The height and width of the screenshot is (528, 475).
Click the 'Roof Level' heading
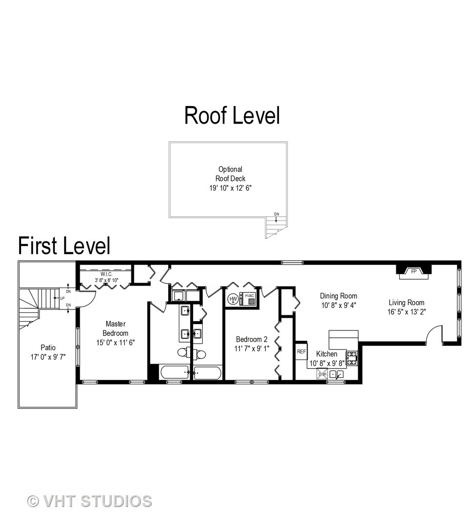[232, 115]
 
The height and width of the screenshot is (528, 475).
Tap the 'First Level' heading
[64, 245]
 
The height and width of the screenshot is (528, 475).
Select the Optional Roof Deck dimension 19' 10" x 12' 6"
[230, 188]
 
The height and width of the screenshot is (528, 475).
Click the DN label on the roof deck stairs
[276, 214]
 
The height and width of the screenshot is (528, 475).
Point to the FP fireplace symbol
[413, 271]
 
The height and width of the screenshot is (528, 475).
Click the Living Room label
[406, 302]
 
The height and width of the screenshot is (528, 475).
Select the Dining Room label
[338, 296]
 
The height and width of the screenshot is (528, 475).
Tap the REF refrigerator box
[301, 351]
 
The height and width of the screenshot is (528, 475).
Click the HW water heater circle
[233, 299]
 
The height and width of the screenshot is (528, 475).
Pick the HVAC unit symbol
[249, 299]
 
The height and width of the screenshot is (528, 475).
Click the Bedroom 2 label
[252, 339]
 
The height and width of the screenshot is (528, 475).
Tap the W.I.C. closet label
[107, 274]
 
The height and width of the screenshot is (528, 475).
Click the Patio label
[47, 348]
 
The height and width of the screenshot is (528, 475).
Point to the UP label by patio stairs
[62, 298]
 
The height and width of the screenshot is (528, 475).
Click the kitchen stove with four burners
[352, 358]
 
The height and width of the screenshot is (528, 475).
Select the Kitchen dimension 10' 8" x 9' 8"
[326, 363]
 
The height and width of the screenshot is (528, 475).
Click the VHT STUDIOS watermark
[89, 501]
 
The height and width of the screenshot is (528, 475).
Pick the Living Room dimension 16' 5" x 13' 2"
[406, 312]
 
